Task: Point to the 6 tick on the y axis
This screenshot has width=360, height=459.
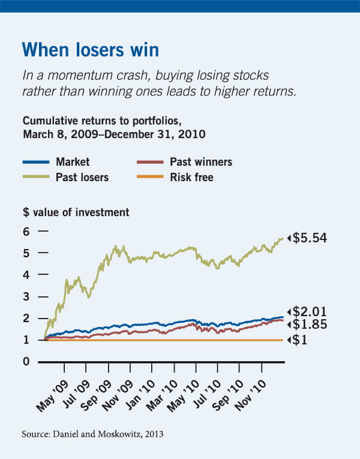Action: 26,231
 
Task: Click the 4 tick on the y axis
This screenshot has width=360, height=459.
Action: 26,275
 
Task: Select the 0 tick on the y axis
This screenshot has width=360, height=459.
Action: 26,362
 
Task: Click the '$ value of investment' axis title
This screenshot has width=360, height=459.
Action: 75,212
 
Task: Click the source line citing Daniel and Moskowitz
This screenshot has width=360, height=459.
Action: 94,433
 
